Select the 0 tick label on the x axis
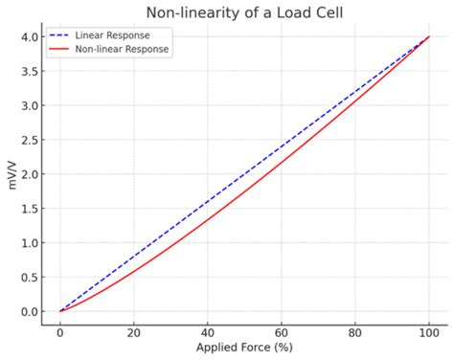point(59,330)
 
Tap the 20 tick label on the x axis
point(133,330)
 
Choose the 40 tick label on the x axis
point(207,330)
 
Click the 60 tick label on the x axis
point(281,330)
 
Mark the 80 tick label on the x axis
point(354,330)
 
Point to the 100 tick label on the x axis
point(428,330)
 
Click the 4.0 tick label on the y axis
point(31,36)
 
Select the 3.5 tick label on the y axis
point(31,71)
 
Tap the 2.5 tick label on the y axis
point(31,140)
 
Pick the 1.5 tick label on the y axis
point(31,209)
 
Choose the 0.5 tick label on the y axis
point(31,277)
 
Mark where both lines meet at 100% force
point(428,36)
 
